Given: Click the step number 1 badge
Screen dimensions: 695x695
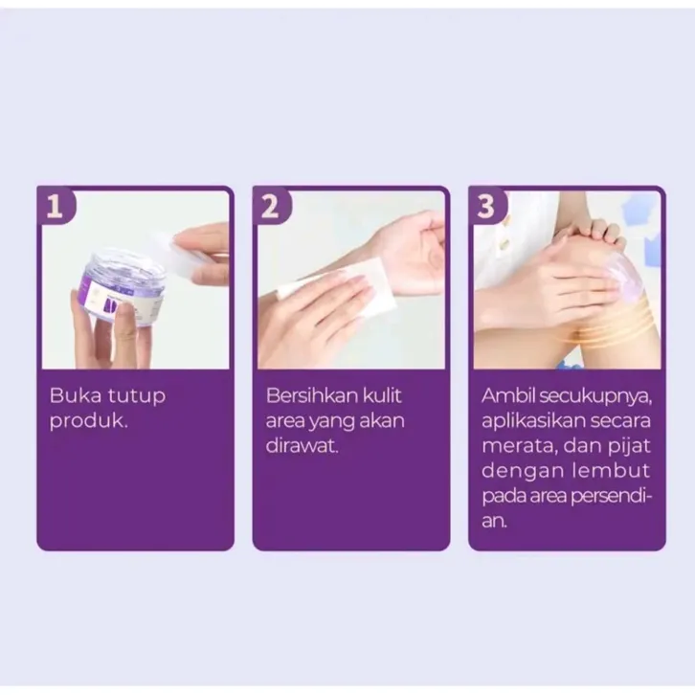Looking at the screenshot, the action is (56, 206).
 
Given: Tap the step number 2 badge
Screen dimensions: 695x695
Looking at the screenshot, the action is (271, 206).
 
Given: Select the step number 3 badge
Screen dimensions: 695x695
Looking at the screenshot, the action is (487, 206).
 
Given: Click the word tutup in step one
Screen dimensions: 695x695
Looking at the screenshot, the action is (137, 396).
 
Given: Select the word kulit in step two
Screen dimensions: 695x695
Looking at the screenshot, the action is (382, 395).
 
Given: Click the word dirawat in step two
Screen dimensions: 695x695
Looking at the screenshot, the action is (302, 446).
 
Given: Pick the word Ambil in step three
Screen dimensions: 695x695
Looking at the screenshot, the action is (508, 395).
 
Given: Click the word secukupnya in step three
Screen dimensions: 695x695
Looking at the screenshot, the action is (595, 396).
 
